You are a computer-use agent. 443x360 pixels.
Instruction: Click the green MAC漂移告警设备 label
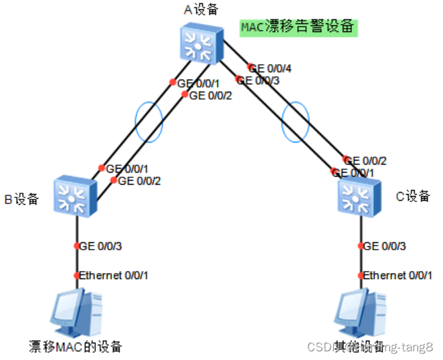tap(298, 27)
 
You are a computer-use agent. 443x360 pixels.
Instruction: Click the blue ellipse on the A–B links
tap(149, 122)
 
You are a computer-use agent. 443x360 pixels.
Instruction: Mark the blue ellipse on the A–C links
tap(296, 122)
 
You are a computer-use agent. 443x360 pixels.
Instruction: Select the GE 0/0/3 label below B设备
tap(100, 246)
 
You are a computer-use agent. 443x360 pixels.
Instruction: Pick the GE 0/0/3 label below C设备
tap(383, 246)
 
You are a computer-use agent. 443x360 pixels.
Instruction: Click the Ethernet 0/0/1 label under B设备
tap(114, 275)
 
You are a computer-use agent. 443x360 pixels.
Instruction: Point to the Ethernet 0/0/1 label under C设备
tap(397, 275)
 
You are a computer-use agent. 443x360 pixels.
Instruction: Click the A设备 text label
tap(199, 9)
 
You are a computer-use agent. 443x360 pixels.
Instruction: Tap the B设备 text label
tap(22, 199)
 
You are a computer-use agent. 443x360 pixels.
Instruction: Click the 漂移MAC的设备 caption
tap(76, 347)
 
